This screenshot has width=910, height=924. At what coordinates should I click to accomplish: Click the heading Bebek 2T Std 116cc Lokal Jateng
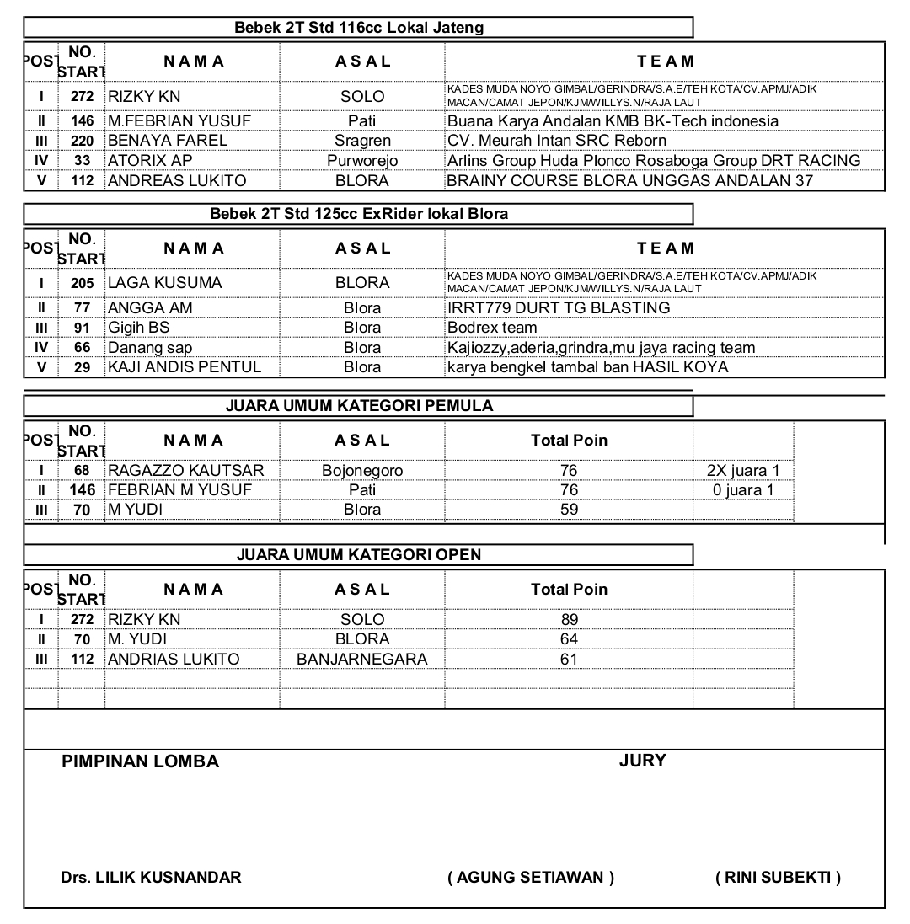[359, 28]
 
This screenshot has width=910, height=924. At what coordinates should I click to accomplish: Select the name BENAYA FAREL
[168, 141]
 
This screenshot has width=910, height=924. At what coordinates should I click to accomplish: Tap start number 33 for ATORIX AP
[82, 161]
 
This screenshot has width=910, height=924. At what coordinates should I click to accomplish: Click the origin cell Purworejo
[362, 161]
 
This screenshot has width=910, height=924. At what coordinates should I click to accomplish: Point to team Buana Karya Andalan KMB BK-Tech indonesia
[613, 121]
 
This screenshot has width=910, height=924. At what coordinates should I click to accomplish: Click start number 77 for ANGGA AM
[82, 308]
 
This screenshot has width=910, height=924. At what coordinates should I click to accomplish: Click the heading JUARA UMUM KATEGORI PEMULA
[359, 406]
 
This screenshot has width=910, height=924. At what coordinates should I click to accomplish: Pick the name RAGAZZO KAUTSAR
[186, 471]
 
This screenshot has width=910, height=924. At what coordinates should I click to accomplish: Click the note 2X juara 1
[743, 471]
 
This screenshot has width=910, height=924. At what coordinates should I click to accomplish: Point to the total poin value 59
[569, 510]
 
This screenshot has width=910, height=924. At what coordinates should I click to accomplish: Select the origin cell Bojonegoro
[362, 471]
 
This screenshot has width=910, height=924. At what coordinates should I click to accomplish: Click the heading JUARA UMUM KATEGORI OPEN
[359, 554]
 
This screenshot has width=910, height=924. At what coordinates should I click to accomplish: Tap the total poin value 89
[569, 620]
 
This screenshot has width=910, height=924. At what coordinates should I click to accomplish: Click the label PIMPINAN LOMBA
[140, 762]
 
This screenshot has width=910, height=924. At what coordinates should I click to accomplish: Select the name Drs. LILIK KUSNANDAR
[151, 878]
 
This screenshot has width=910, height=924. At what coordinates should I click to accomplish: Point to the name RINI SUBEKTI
[778, 878]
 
